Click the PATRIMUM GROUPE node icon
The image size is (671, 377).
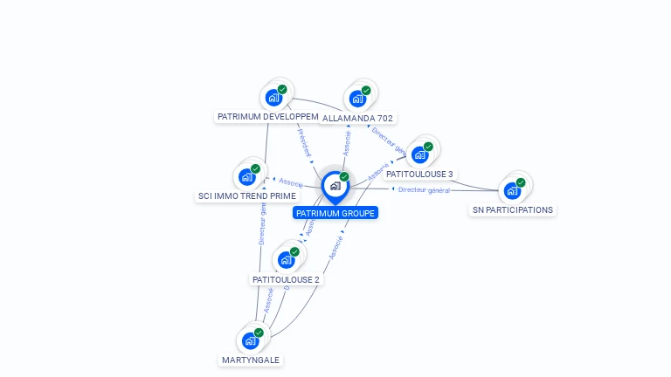click(x=334, y=186)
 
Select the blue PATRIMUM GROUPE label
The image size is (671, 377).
click(x=335, y=213)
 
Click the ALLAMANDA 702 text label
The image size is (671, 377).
click(x=358, y=118)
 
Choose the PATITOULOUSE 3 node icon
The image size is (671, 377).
click(x=419, y=155)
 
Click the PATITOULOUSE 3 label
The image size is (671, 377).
click(x=419, y=175)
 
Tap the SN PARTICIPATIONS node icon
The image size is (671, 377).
click(x=512, y=190)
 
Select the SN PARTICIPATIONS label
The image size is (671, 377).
click(x=513, y=209)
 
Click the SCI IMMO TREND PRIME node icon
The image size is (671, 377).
click(x=247, y=176)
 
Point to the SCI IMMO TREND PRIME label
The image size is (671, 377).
click(x=246, y=195)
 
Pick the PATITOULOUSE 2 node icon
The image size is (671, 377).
click(x=286, y=259)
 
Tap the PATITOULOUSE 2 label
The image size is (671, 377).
click(x=286, y=279)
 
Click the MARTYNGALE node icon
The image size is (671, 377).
click(x=251, y=340)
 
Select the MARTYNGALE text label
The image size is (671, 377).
click(x=252, y=360)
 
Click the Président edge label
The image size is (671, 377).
click(x=304, y=143)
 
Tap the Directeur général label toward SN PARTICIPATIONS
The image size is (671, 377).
click(x=424, y=189)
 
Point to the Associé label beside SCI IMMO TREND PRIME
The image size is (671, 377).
click(x=290, y=183)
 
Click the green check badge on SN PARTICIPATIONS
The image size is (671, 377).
click(x=521, y=182)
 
